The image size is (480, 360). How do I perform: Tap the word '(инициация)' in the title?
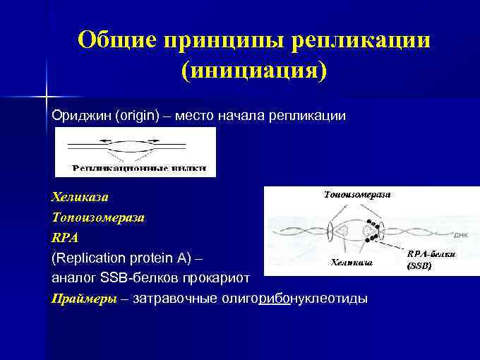(x=254, y=71)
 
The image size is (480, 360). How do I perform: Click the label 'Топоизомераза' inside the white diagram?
(x=357, y=193)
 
